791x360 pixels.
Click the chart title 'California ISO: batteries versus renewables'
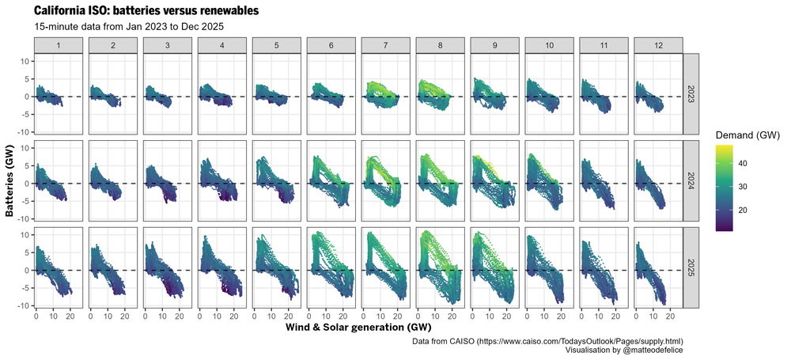(x=146, y=11)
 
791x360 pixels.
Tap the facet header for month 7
(x=385, y=46)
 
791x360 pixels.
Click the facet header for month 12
(x=658, y=46)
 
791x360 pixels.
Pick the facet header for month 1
(x=59, y=46)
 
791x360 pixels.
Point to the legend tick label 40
(x=754, y=163)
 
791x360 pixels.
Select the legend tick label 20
(x=754, y=210)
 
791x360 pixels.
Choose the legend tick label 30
(x=754, y=187)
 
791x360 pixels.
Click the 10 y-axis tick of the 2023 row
(x=25, y=61)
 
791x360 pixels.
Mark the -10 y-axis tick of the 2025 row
(x=23, y=306)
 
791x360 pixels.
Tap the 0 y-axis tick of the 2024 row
(x=27, y=184)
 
